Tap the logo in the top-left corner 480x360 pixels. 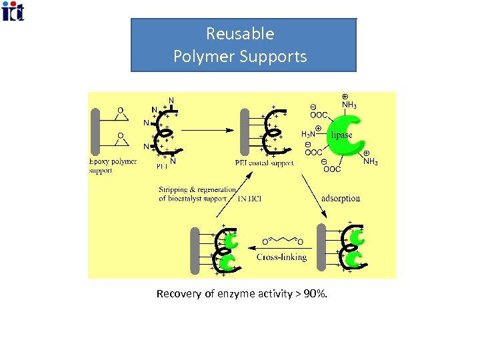tap(13, 11)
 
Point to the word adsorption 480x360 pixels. tap(341, 198)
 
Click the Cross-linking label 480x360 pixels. tap(281, 257)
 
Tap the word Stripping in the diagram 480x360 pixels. tap(179, 189)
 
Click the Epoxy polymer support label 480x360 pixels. tap(112, 165)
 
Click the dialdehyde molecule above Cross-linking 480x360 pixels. tap(283, 239)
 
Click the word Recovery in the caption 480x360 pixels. tap(177, 293)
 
